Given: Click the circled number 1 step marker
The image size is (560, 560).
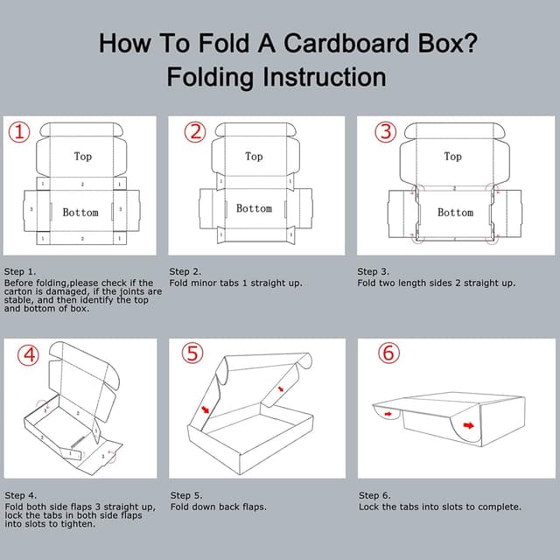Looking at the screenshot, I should [x=20, y=132].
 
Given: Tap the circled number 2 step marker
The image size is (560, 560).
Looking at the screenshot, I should [x=195, y=132].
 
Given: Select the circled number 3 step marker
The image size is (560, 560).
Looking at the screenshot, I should [x=386, y=132].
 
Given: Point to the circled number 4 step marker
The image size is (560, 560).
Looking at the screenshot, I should [x=29, y=355].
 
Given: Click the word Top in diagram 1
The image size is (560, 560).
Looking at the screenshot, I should [x=82, y=157].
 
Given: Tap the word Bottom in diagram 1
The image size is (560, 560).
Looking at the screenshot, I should [x=80, y=213].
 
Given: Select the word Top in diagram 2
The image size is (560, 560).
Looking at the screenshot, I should [x=254, y=157].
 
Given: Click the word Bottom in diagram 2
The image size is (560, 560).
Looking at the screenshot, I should [x=254, y=208].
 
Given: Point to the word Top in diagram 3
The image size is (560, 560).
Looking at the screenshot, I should [x=452, y=157].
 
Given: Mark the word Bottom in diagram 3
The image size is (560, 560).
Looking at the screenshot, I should [x=455, y=213].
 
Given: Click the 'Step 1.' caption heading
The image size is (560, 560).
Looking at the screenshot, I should [x=20, y=272].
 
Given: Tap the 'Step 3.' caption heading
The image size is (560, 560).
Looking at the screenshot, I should [x=374, y=272].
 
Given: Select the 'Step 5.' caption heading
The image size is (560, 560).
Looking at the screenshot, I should [x=186, y=496].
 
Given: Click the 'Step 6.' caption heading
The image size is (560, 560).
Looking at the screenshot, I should [x=374, y=496].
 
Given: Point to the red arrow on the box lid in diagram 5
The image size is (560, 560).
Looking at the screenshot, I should [x=280, y=388].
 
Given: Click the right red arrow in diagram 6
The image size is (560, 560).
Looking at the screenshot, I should [x=469, y=426].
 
